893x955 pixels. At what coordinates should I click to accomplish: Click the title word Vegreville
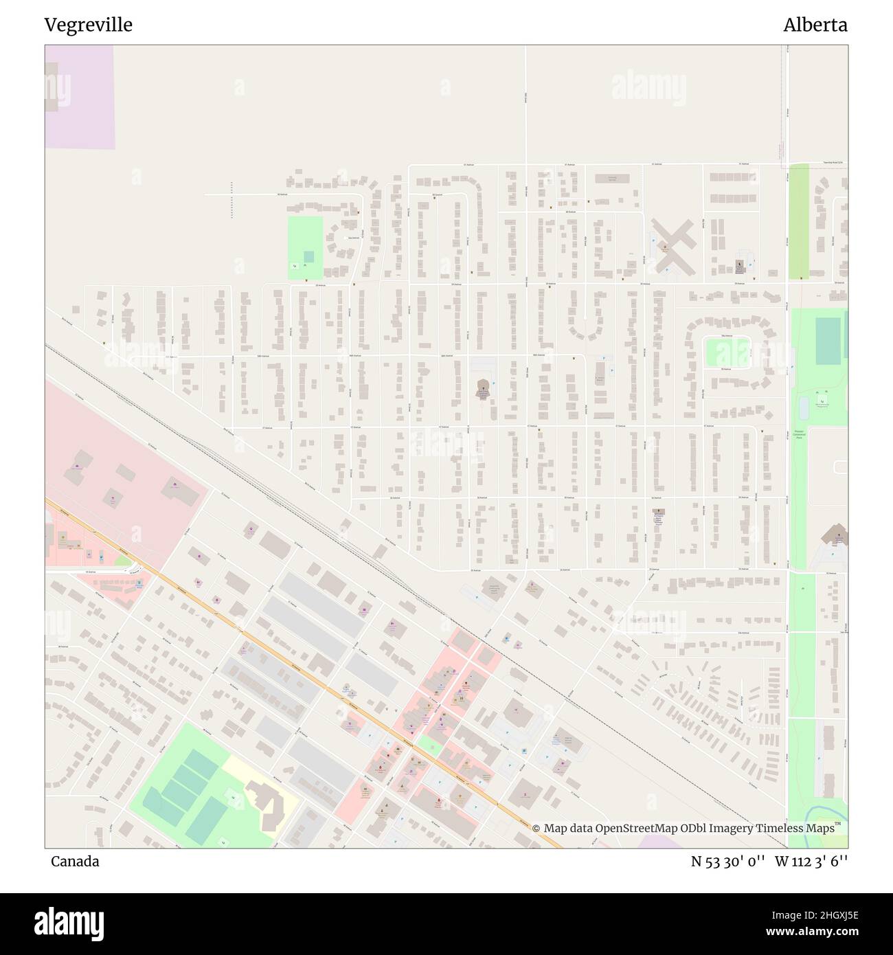tap(89, 25)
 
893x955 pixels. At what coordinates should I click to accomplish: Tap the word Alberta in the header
tap(815, 25)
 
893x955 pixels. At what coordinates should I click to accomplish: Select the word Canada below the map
tap(74, 861)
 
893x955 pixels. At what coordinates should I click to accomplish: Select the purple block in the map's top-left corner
tap(80, 96)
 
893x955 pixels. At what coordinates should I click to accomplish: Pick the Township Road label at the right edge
tap(833, 164)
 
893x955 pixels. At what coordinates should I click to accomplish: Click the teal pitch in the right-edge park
tap(827, 341)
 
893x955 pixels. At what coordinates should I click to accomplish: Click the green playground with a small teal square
tap(305, 247)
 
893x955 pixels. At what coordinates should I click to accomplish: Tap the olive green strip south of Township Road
tap(798, 221)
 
